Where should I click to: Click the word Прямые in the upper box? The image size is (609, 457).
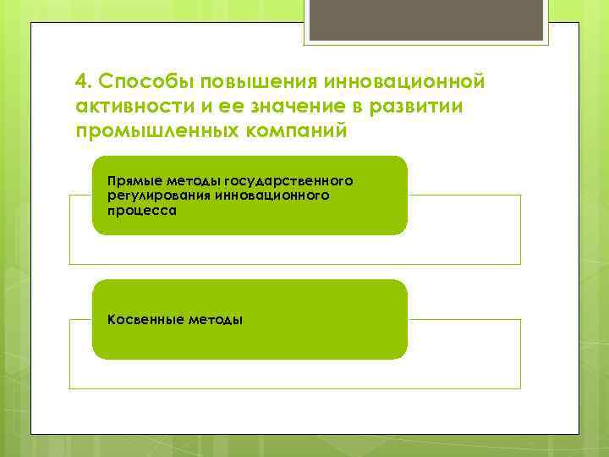(x=134, y=181)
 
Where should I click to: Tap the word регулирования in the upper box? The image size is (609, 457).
(x=156, y=195)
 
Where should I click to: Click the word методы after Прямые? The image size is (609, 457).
(x=193, y=181)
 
